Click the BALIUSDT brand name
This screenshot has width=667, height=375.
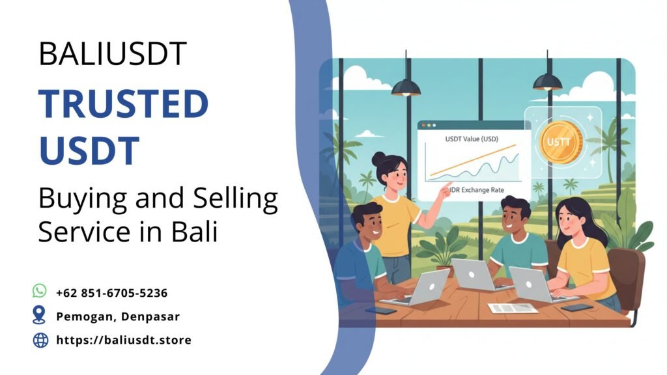pyautogui.click(x=113, y=53)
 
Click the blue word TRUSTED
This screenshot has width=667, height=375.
pyautogui.click(x=123, y=104)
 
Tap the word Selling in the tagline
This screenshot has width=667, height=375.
pyautogui.click(x=235, y=199)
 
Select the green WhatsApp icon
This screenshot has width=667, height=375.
pyautogui.click(x=40, y=291)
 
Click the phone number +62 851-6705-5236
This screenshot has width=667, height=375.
pyautogui.click(x=112, y=293)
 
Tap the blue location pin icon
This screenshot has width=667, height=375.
pyautogui.click(x=39, y=314)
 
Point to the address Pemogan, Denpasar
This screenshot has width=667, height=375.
pyautogui.click(x=118, y=316)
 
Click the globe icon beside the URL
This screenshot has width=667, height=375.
pyautogui.click(x=40, y=340)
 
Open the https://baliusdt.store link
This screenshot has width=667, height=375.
pyautogui.click(x=124, y=340)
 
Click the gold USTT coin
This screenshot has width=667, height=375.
pyautogui.click(x=560, y=142)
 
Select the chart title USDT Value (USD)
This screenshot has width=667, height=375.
pyautogui.click(x=472, y=139)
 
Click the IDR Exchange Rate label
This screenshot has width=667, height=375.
pyautogui.click(x=476, y=189)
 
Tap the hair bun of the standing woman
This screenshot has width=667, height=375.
pyautogui.click(x=378, y=159)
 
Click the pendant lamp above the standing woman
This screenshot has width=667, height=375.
pyautogui.click(x=406, y=87)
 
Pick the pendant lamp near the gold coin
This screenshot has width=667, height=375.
pyautogui.click(x=547, y=81)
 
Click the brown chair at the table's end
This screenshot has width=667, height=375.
pyautogui.click(x=627, y=281)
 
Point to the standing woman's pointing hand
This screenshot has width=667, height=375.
pyautogui.click(x=445, y=191)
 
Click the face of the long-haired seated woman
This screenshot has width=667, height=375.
pyautogui.click(x=569, y=223)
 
